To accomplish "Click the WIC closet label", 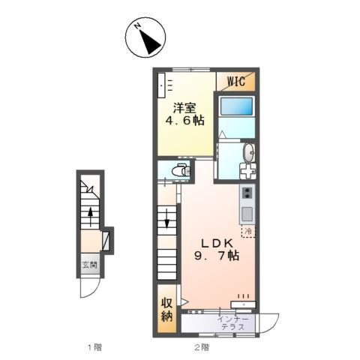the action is click(235, 81).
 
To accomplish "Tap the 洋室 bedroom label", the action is click(184, 108).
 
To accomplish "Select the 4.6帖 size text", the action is click(184, 121).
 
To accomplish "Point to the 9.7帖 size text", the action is click(217, 256).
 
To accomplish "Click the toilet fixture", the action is click(181, 170).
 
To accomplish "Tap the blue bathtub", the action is click(236, 106).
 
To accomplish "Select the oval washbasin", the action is click(248, 152).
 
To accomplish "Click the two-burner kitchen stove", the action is click(247, 193).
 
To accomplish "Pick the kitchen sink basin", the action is click(247, 214).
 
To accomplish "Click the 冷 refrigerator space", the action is click(248, 231).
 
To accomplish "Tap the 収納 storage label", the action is click(166, 310).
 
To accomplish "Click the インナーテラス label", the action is click(232, 323).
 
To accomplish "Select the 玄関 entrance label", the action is click(90, 265).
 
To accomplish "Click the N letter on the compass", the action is click(137, 25).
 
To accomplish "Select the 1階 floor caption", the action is click(94, 347).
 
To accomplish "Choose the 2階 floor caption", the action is click(202, 347).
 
